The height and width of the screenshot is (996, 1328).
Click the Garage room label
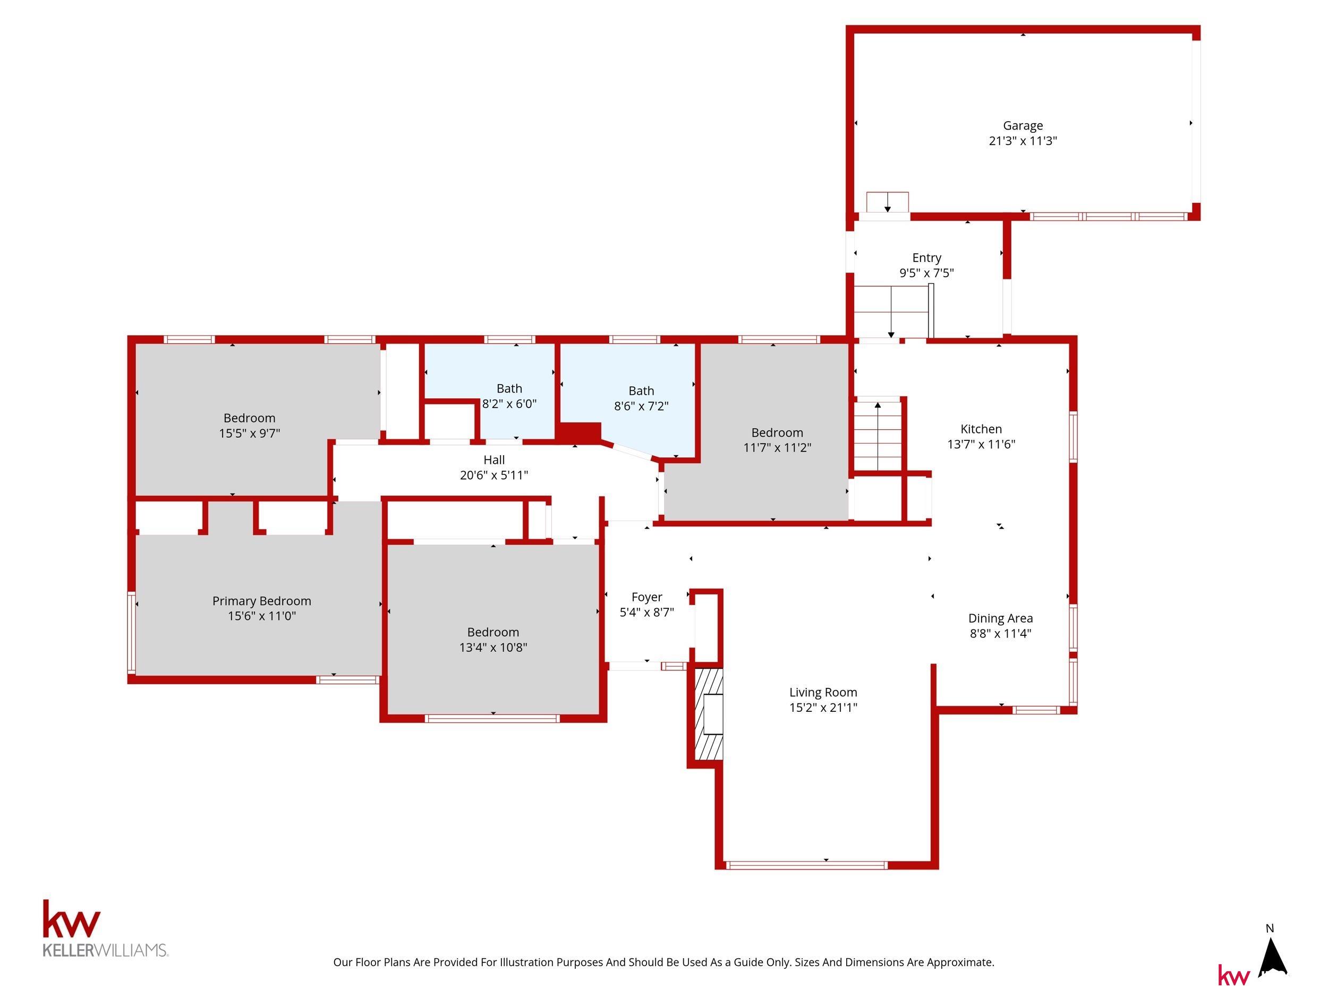click(x=1023, y=125)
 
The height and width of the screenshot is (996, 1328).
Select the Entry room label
click(x=926, y=258)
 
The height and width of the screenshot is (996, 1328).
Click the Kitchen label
click(x=981, y=429)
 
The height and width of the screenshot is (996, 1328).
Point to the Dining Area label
click(x=1000, y=618)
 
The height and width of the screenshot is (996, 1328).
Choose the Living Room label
click(x=823, y=692)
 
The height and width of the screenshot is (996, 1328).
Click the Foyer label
click(x=646, y=597)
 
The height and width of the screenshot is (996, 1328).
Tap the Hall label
click(x=494, y=460)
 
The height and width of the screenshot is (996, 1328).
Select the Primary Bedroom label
click(x=262, y=601)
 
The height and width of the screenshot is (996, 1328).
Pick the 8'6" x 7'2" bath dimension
click(x=641, y=406)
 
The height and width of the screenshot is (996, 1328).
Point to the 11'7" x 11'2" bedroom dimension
click(x=777, y=448)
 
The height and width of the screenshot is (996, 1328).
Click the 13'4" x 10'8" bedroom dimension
click(x=493, y=647)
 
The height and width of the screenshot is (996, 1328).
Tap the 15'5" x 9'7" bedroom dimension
click(x=249, y=433)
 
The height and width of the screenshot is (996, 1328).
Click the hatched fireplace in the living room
click(x=709, y=714)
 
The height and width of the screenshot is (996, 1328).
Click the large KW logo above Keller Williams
click(x=71, y=918)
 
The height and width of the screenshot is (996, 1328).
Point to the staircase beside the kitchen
click(x=878, y=435)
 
